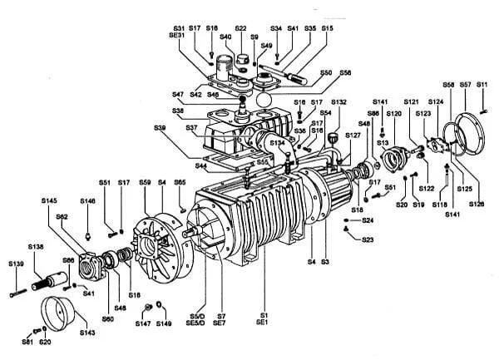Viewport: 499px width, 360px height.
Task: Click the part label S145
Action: point(49,200)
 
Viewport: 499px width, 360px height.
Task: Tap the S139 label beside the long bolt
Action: point(16,264)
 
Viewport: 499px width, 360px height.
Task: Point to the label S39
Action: point(161,127)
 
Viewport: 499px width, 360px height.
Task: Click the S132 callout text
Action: point(338,102)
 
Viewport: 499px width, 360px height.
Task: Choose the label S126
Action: point(477,204)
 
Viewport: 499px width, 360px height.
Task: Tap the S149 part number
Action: point(164,323)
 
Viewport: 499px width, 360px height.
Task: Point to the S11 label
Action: point(482,85)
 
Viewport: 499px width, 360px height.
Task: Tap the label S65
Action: point(180,182)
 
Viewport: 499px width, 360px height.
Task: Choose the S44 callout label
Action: point(201,166)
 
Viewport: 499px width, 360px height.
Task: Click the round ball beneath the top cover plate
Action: point(264,99)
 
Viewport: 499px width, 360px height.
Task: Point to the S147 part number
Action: point(142,323)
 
